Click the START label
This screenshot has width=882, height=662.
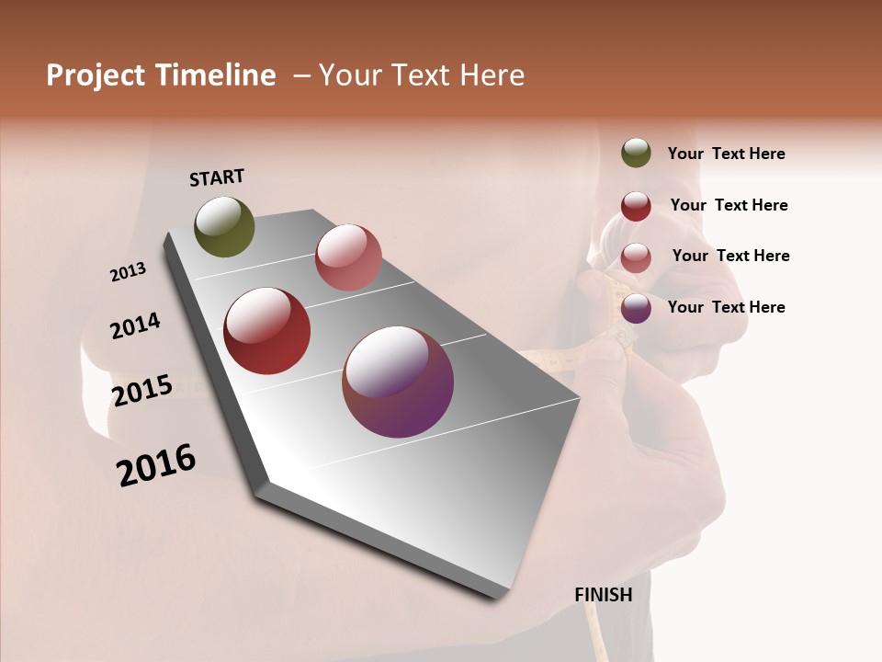coord(217,177)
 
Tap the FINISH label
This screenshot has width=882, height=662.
coord(604,595)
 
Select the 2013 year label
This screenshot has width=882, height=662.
coord(129,272)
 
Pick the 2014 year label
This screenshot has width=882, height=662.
coord(135,325)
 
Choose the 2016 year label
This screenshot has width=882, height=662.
coord(156,464)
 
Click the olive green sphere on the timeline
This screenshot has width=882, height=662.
coord(225,226)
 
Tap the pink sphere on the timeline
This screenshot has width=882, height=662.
coord(348,257)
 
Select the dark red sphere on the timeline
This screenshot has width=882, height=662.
coord(267,331)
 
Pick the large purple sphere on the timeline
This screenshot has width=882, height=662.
coord(398,382)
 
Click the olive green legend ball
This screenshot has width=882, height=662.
coord(636,154)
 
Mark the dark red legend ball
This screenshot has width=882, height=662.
coord(636,206)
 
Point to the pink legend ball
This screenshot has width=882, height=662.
coord(636,257)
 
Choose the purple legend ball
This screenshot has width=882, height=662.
coord(636,308)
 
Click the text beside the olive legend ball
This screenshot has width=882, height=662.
coord(726,154)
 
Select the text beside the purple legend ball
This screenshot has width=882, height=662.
coord(726,307)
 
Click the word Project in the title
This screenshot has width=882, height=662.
coord(96,75)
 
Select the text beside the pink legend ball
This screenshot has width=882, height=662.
coord(730,256)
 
